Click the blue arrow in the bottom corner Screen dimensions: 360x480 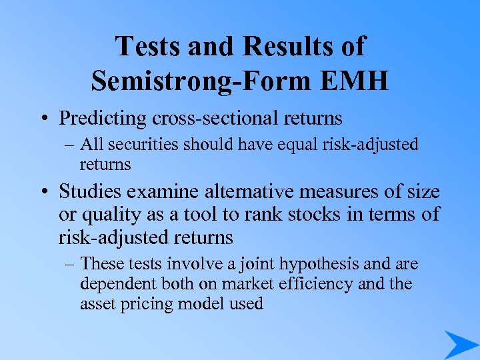461,344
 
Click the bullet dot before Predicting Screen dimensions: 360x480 42,119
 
